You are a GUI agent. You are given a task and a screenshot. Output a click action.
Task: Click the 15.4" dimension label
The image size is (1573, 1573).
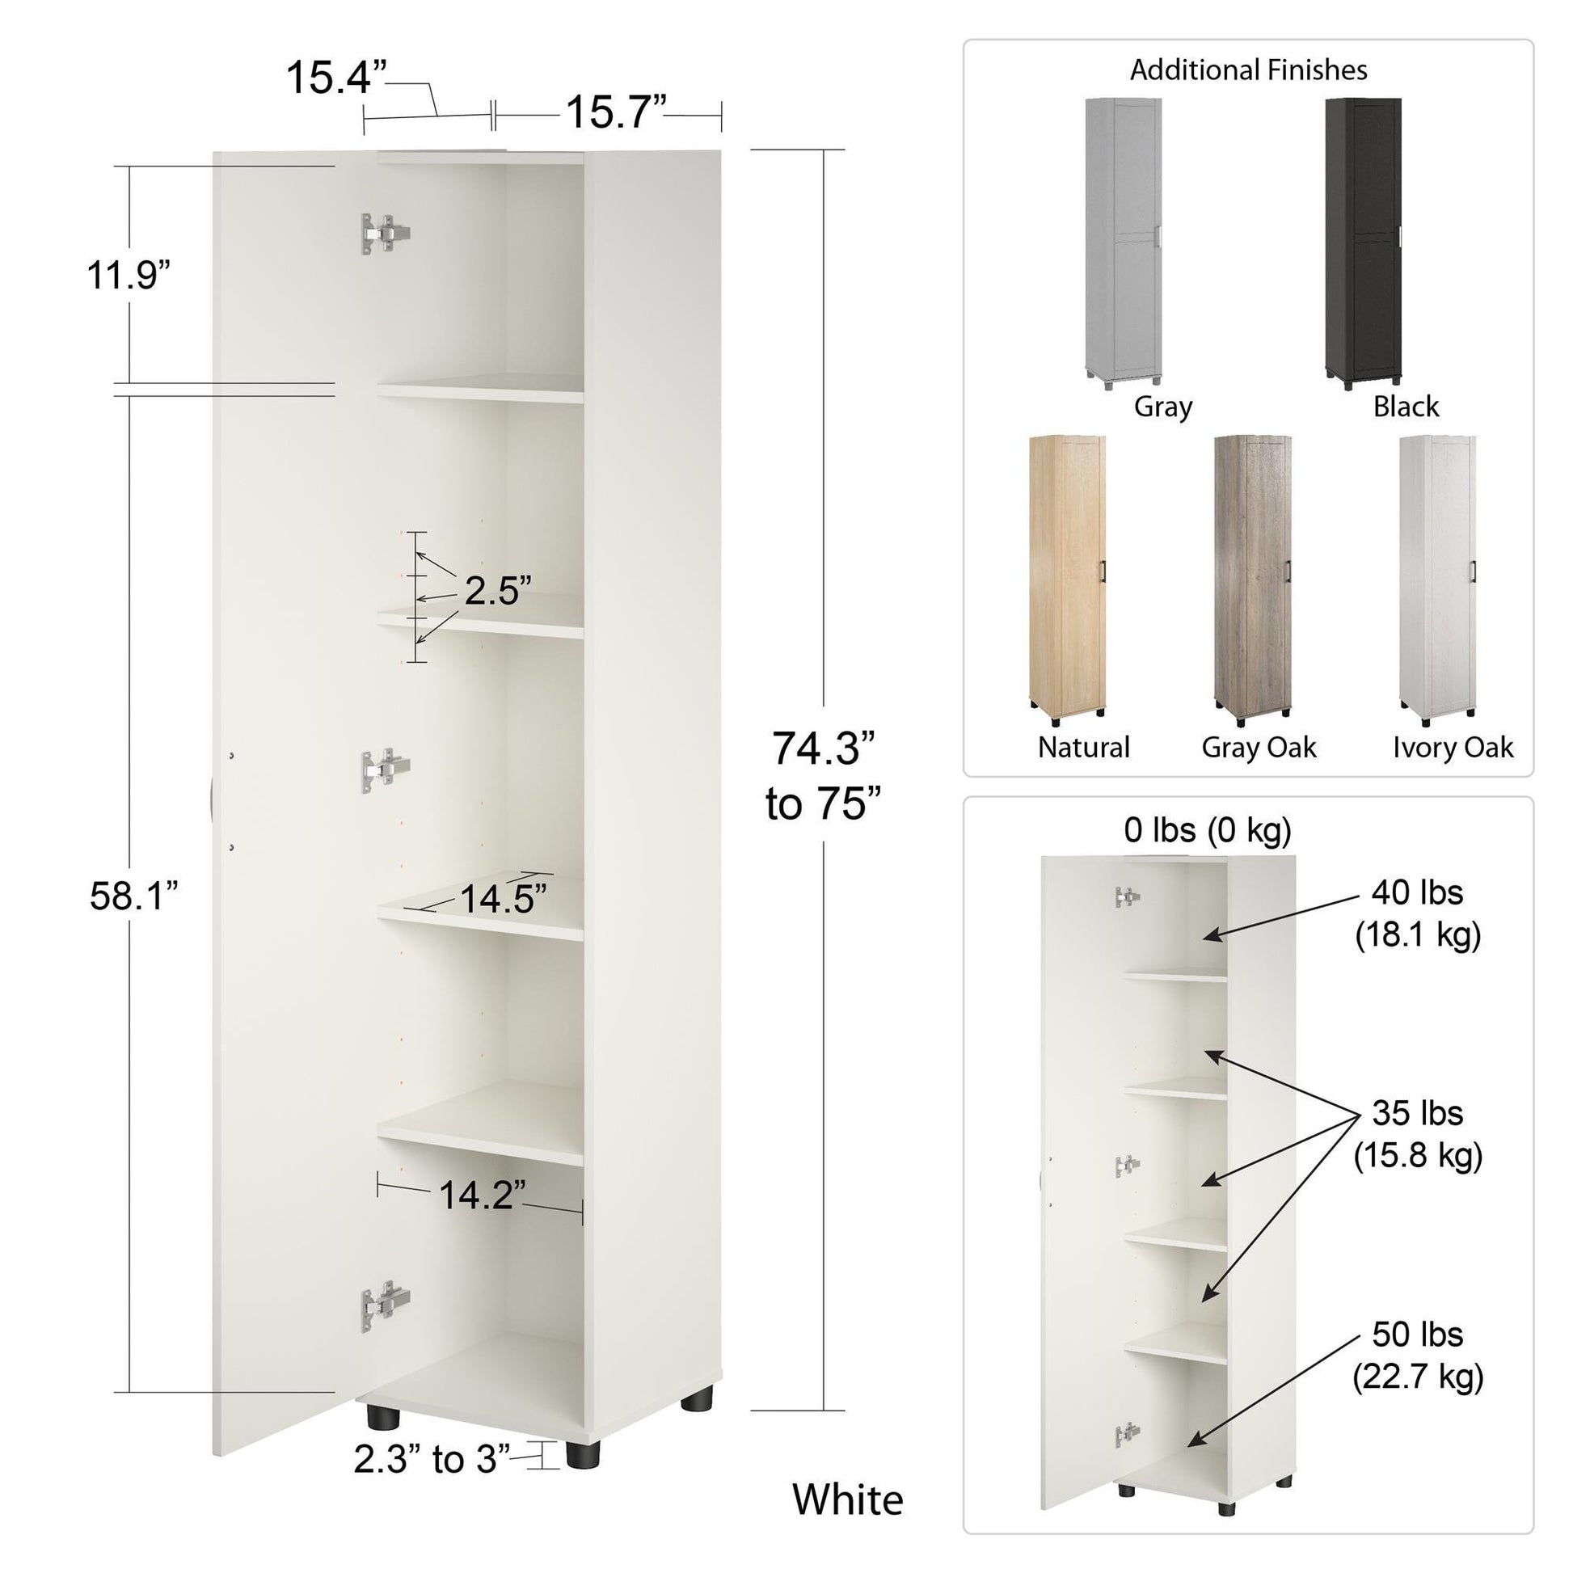[x=335, y=78]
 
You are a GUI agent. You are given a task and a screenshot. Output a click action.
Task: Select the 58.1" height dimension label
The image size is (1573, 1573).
[x=133, y=896]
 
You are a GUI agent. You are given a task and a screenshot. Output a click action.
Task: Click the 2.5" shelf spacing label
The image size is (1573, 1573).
[x=498, y=590]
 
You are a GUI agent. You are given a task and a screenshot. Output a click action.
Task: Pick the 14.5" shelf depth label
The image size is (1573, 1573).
[x=503, y=899]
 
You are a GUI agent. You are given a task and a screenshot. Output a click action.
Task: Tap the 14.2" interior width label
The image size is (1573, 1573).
[x=481, y=1195]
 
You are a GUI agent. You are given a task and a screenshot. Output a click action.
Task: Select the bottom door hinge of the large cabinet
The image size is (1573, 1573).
[x=385, y=1306]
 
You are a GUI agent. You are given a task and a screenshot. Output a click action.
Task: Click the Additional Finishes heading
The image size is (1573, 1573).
[x=1248, y=70]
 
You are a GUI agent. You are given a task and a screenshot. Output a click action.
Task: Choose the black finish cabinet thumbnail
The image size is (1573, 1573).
[x=1363, y=242]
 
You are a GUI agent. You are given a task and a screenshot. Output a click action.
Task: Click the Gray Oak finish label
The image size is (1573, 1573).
[x=1259, y=748]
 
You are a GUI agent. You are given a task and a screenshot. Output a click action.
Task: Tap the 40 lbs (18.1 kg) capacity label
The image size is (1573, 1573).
[x=1418, y=913]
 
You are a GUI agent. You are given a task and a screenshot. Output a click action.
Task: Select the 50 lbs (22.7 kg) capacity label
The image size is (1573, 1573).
[x=1418, y=1356]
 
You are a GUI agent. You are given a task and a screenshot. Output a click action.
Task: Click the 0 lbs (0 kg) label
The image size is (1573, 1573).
[x=1208, y=829]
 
